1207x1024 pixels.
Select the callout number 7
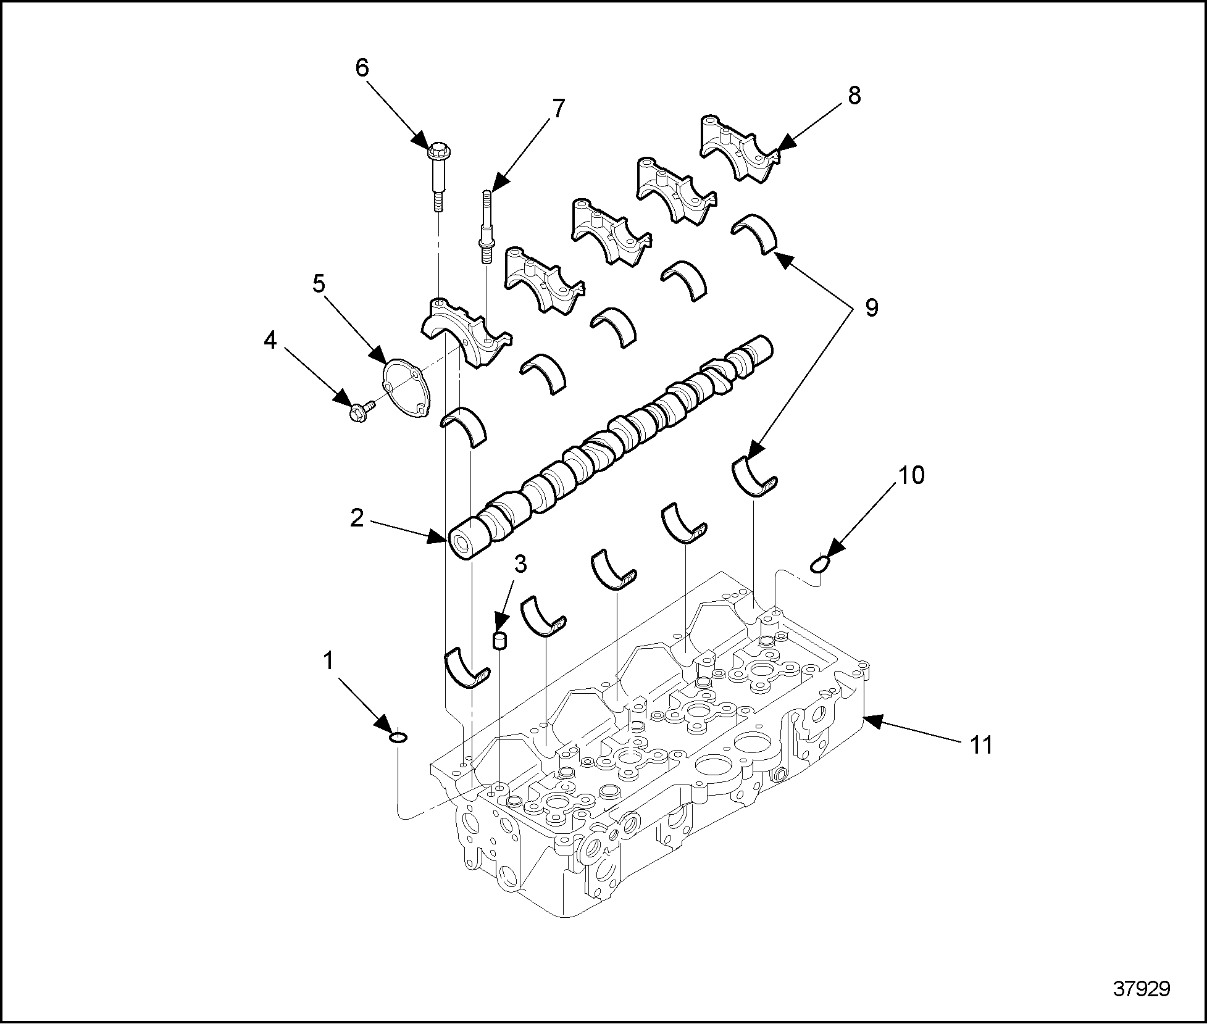pos(557,109)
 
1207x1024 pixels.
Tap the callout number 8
pos(853,96)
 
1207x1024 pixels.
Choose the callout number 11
pos(981,745)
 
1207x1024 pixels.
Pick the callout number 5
pos(319,284)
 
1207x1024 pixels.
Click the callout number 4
pos(270,340)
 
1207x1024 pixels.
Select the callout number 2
pos(357,518)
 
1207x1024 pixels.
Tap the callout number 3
pos(520,563)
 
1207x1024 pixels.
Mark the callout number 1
pos(328,661)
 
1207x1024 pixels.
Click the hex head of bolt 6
pos(438,149)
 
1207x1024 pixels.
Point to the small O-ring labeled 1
pos(398,736)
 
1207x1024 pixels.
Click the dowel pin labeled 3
pos(499,640)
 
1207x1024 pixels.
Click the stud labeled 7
pos(485,228)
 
